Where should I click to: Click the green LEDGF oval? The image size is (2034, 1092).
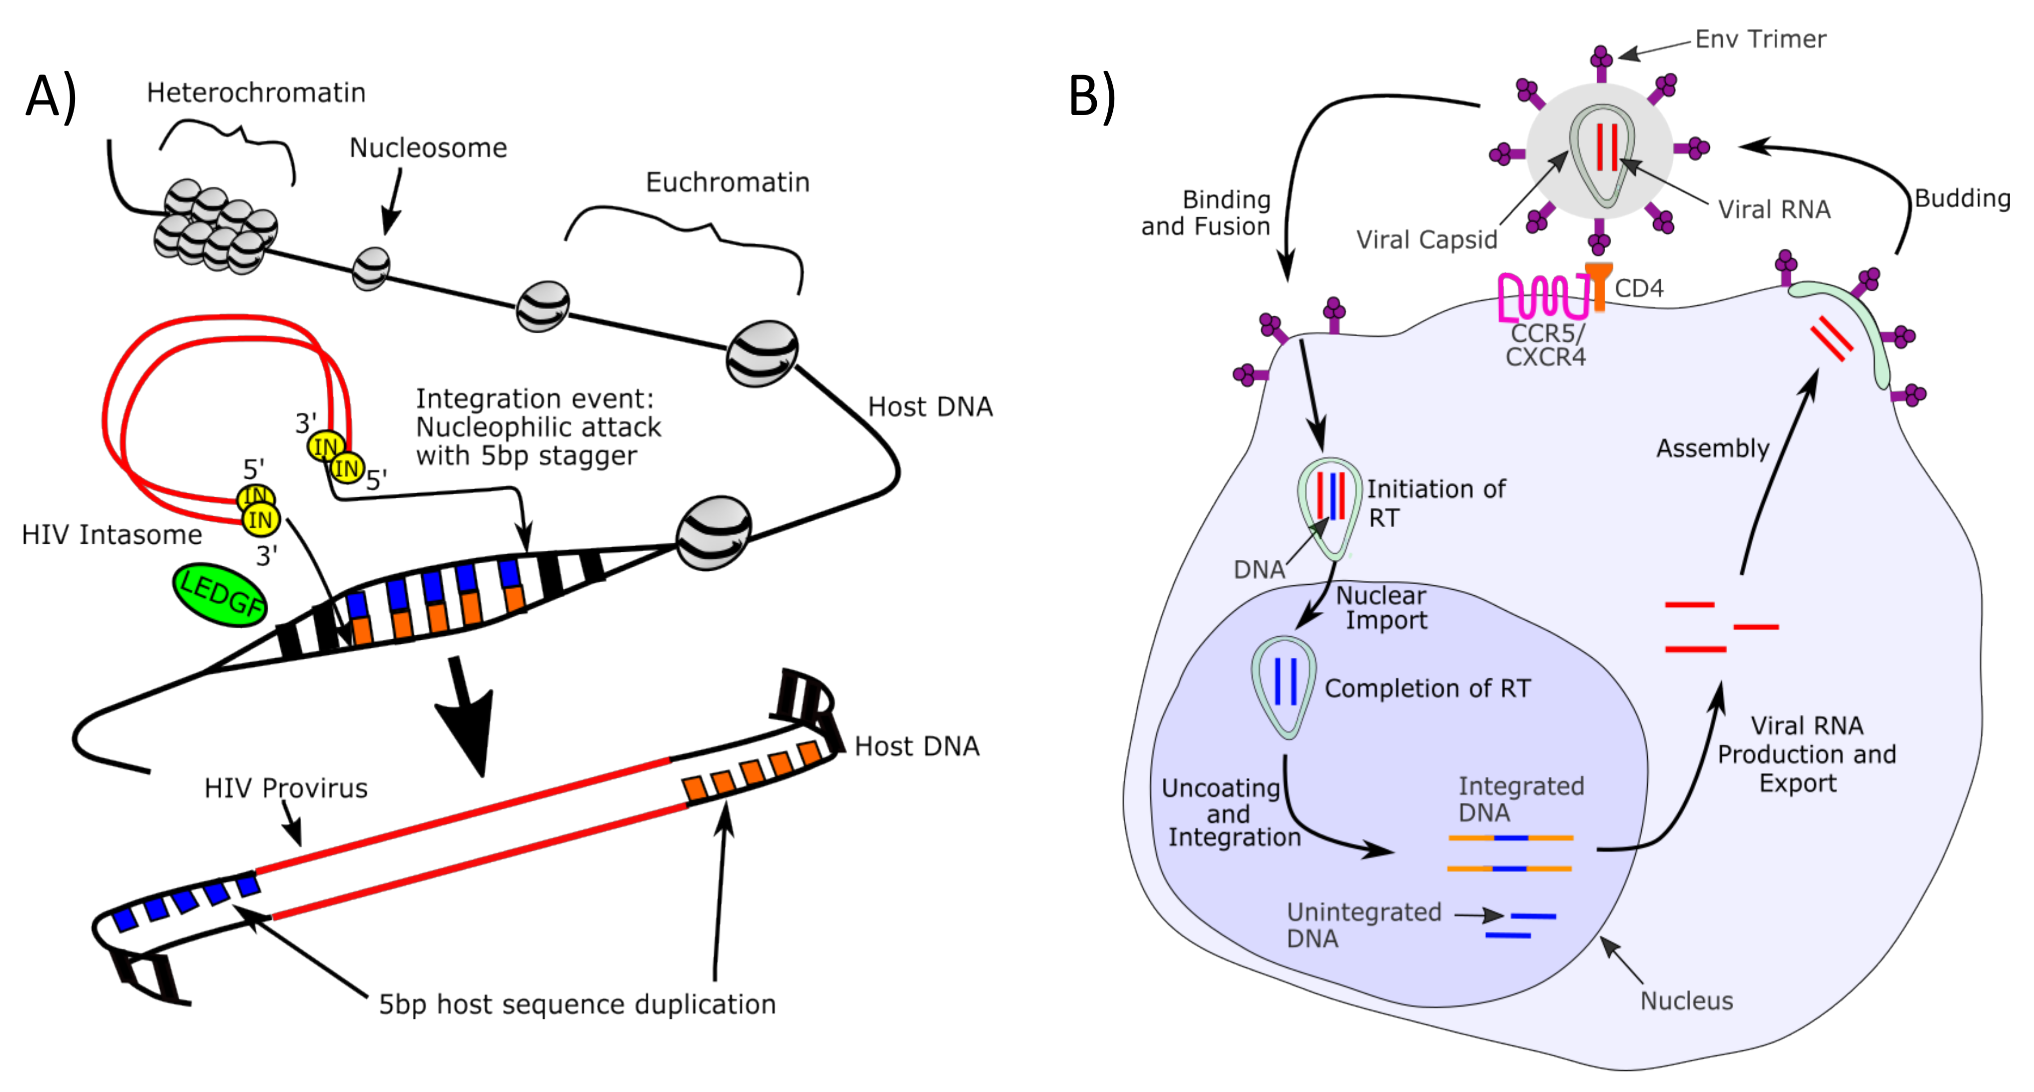[220, 595]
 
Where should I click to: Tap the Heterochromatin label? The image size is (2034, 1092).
[256, 93]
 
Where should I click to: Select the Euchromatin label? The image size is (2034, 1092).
[727, 183]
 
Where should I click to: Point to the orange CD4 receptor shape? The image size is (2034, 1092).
[1599, 284]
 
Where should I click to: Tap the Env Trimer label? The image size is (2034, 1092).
[1760, 40]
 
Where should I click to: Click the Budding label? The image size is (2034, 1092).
[1962, 198]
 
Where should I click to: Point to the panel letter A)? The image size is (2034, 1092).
[52, 97]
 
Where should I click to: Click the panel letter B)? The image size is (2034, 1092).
[1092, 97]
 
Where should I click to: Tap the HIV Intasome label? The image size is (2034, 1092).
[112, 535]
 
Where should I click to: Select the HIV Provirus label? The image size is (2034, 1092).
[286, 788]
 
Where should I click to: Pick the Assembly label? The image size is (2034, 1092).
[1712, 449]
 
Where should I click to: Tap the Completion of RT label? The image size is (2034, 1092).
[1427, 688]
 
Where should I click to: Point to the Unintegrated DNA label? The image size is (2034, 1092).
[1363, 925]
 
